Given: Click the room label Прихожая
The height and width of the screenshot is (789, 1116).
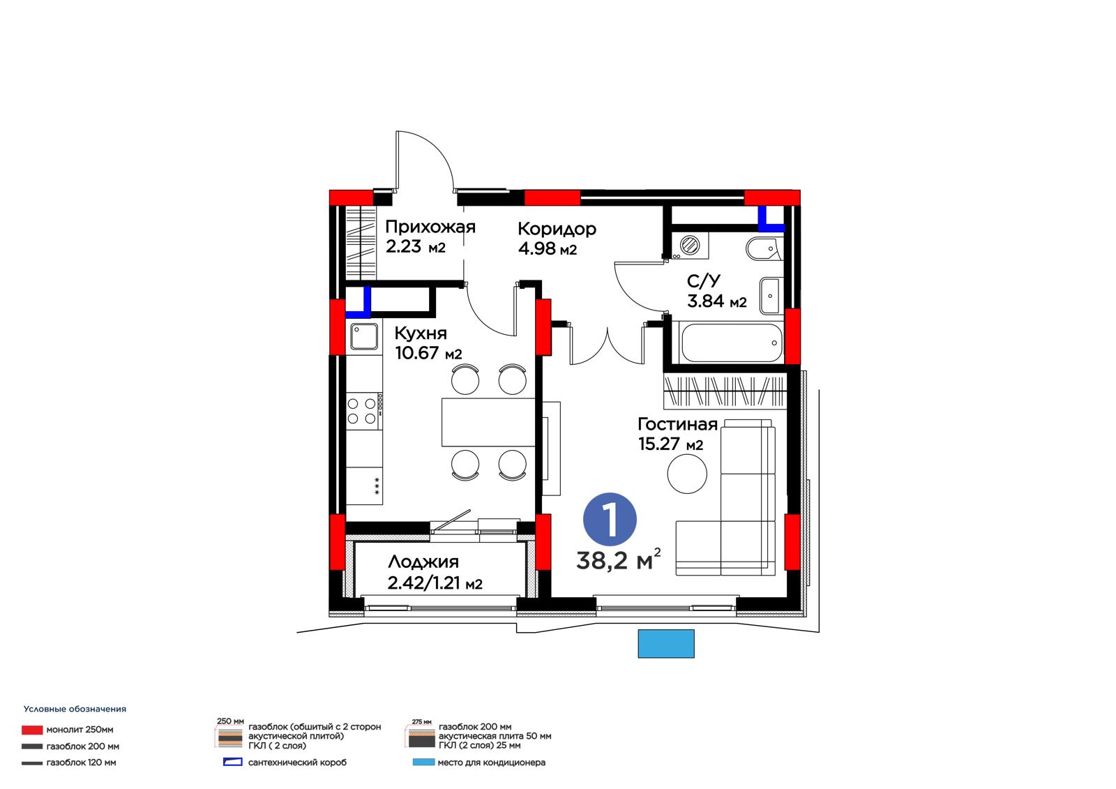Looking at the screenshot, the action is click(x=430, y=227).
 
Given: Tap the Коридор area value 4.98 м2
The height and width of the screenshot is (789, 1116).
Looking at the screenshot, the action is click(x=547, y=248).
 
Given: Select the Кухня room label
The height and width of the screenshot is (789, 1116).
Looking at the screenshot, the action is click(x=421, y=333).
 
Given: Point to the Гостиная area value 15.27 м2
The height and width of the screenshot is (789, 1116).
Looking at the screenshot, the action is click(x=670, y=444).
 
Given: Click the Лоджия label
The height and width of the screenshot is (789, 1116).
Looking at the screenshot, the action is click(x=423, y=562).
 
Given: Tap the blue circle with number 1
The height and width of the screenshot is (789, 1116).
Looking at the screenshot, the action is click(x=610, y=519).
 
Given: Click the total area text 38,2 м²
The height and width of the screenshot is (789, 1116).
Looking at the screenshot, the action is click(x=618, y=560).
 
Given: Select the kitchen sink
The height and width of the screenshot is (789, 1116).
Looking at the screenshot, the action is click(x=364, y=336).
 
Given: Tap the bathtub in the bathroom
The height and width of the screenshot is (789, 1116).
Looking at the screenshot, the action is click(x=732, y=343).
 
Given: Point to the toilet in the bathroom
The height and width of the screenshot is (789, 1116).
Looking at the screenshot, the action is click(x=764, y=249).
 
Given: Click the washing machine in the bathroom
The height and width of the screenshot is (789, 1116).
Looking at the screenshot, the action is click(x=690, y=246).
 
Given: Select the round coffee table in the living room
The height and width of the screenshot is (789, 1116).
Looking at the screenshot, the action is click(x=687, y=474).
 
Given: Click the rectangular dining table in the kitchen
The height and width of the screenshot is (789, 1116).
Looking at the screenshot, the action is click(x=488, y=422).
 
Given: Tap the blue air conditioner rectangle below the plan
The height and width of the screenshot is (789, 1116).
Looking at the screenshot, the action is click(x=666, y=643).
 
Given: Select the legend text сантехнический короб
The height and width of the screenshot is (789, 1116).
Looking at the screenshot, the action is click(x=297, y=762).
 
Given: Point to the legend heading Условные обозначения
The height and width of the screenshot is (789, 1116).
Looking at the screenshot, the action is click(x=75, y=709).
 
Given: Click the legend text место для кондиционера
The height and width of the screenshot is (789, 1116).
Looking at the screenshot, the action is click(x=491, y=762).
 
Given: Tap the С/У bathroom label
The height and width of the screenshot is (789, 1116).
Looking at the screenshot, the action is click(x=703, y=281).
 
